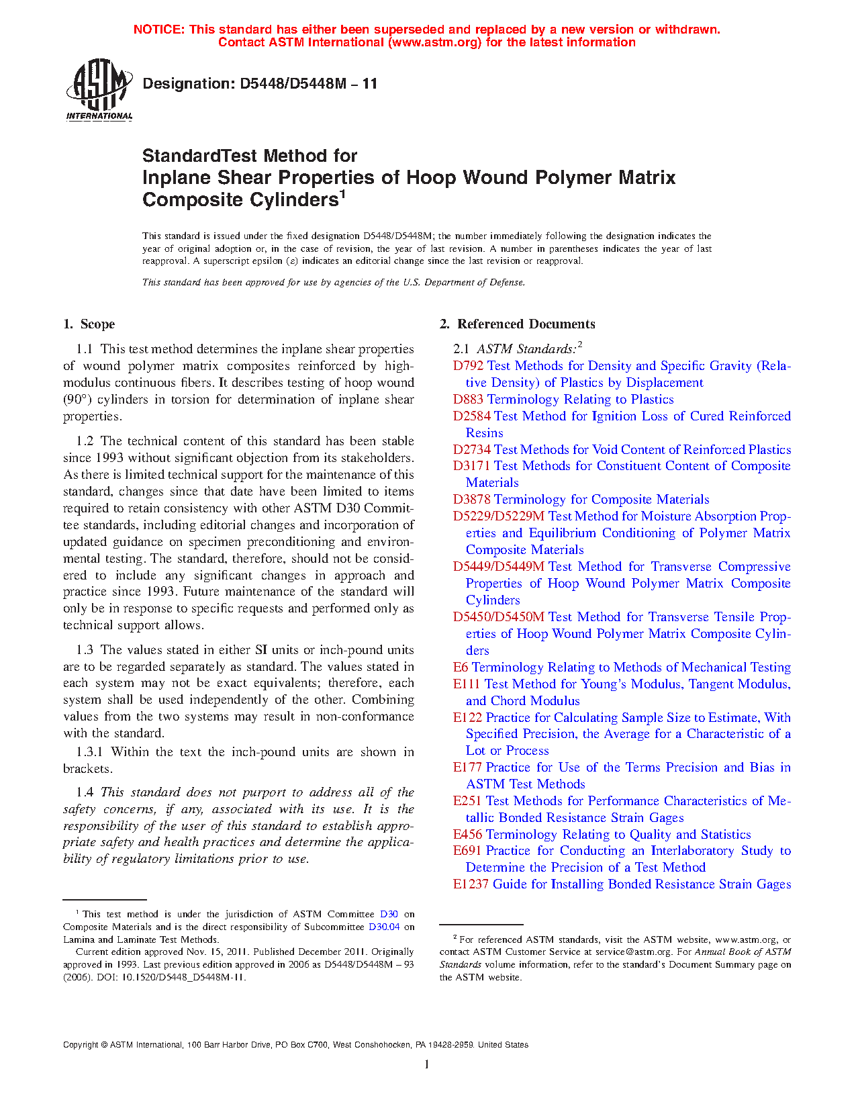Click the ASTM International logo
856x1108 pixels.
[x=99, y=89]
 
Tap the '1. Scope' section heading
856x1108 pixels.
[x=89, y=324]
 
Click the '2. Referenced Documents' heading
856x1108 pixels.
[x=518, y=324]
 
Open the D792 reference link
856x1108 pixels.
[x=468, y=366]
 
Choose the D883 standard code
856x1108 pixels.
[x=468, y=400]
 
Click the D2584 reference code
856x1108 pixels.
[x=471, y=416]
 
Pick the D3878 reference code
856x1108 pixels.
[x=471, y=500]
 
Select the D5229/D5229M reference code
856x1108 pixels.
[x=499, y=516]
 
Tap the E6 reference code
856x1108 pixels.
[x=461, y=667]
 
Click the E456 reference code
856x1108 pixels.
[x=467, y=835]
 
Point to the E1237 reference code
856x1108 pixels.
[x=471, y=884]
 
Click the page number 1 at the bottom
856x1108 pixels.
[x=427, y=1064]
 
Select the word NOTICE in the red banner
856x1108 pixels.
[x=159, y=30]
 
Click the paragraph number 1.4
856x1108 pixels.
[x=85, y=792]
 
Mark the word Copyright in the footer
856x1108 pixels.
[x=81, y=1045]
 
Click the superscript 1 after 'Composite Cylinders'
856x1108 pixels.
[x=342, y=194]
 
